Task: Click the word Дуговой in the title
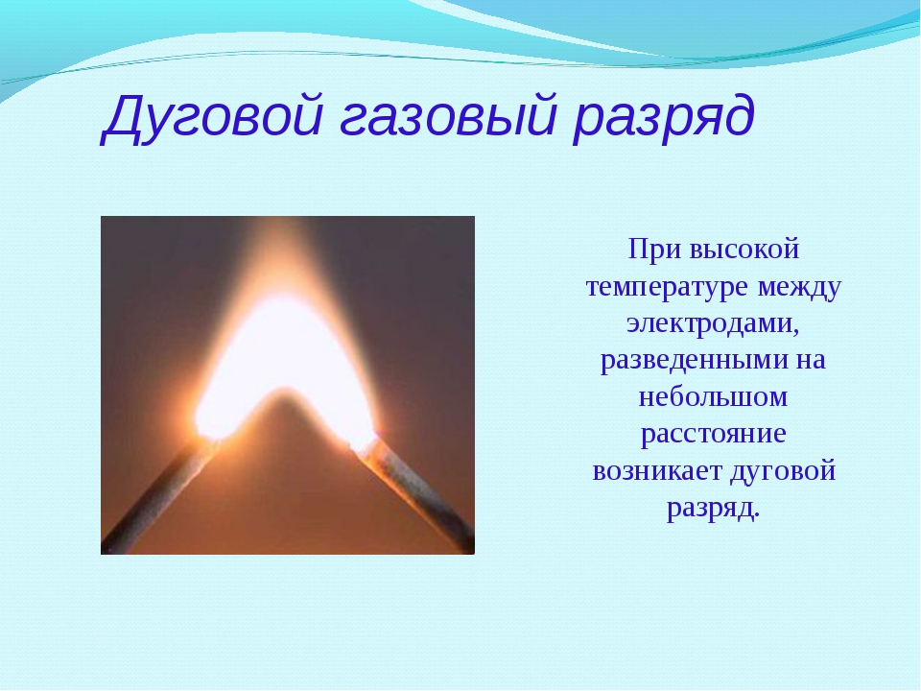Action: [x=213, y=116]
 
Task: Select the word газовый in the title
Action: [x=447, y=116]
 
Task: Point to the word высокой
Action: [x=744, y=249]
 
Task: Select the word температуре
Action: [x=668, y=288]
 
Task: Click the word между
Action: [x=799, y=288]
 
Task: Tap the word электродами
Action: [x=713, y=323]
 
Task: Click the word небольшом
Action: [x=713, y=396]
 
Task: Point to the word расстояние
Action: [x=713, y=435]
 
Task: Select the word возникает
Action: [x=657, y=471]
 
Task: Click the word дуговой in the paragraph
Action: [x=783, y=471]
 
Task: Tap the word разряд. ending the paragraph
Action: [x=713, y=509]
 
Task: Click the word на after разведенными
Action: [x=812, y=360]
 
